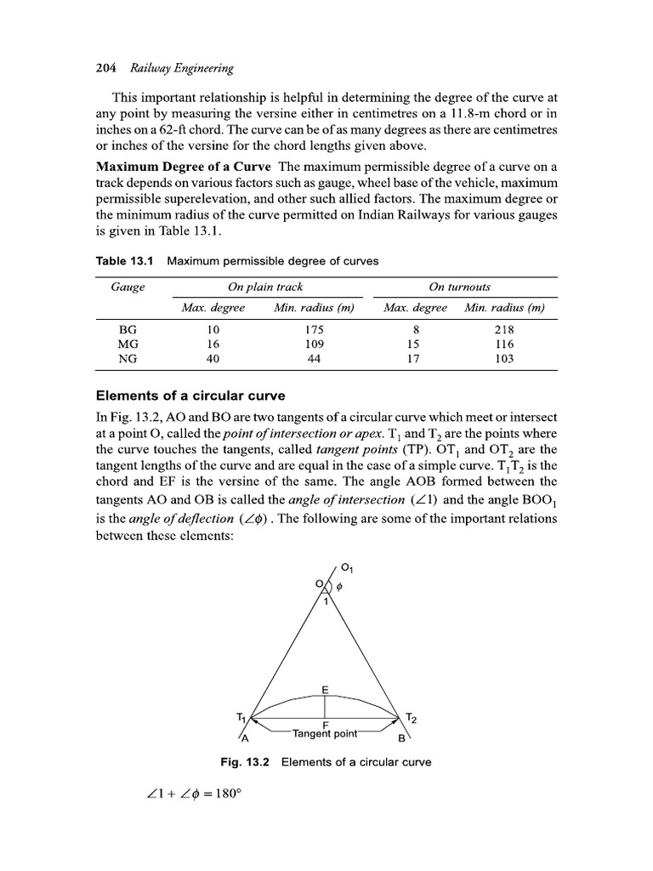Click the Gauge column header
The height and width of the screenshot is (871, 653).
pyautogui.click(x=128, y=287)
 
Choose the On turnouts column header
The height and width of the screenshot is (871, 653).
pyautogui.click(x=461, y=287)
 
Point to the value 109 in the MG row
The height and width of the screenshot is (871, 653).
pyautogui.click(x=314, y=344)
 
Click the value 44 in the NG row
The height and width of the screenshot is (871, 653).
pyautogui.click(x=314, y=359)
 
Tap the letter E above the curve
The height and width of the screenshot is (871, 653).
pyautogui.click(x=325, y=688)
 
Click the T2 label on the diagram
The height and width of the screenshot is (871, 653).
pyautogui.click(x=412, y=716)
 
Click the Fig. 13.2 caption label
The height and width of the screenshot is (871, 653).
pyautogui.click(x=245, y=762)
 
